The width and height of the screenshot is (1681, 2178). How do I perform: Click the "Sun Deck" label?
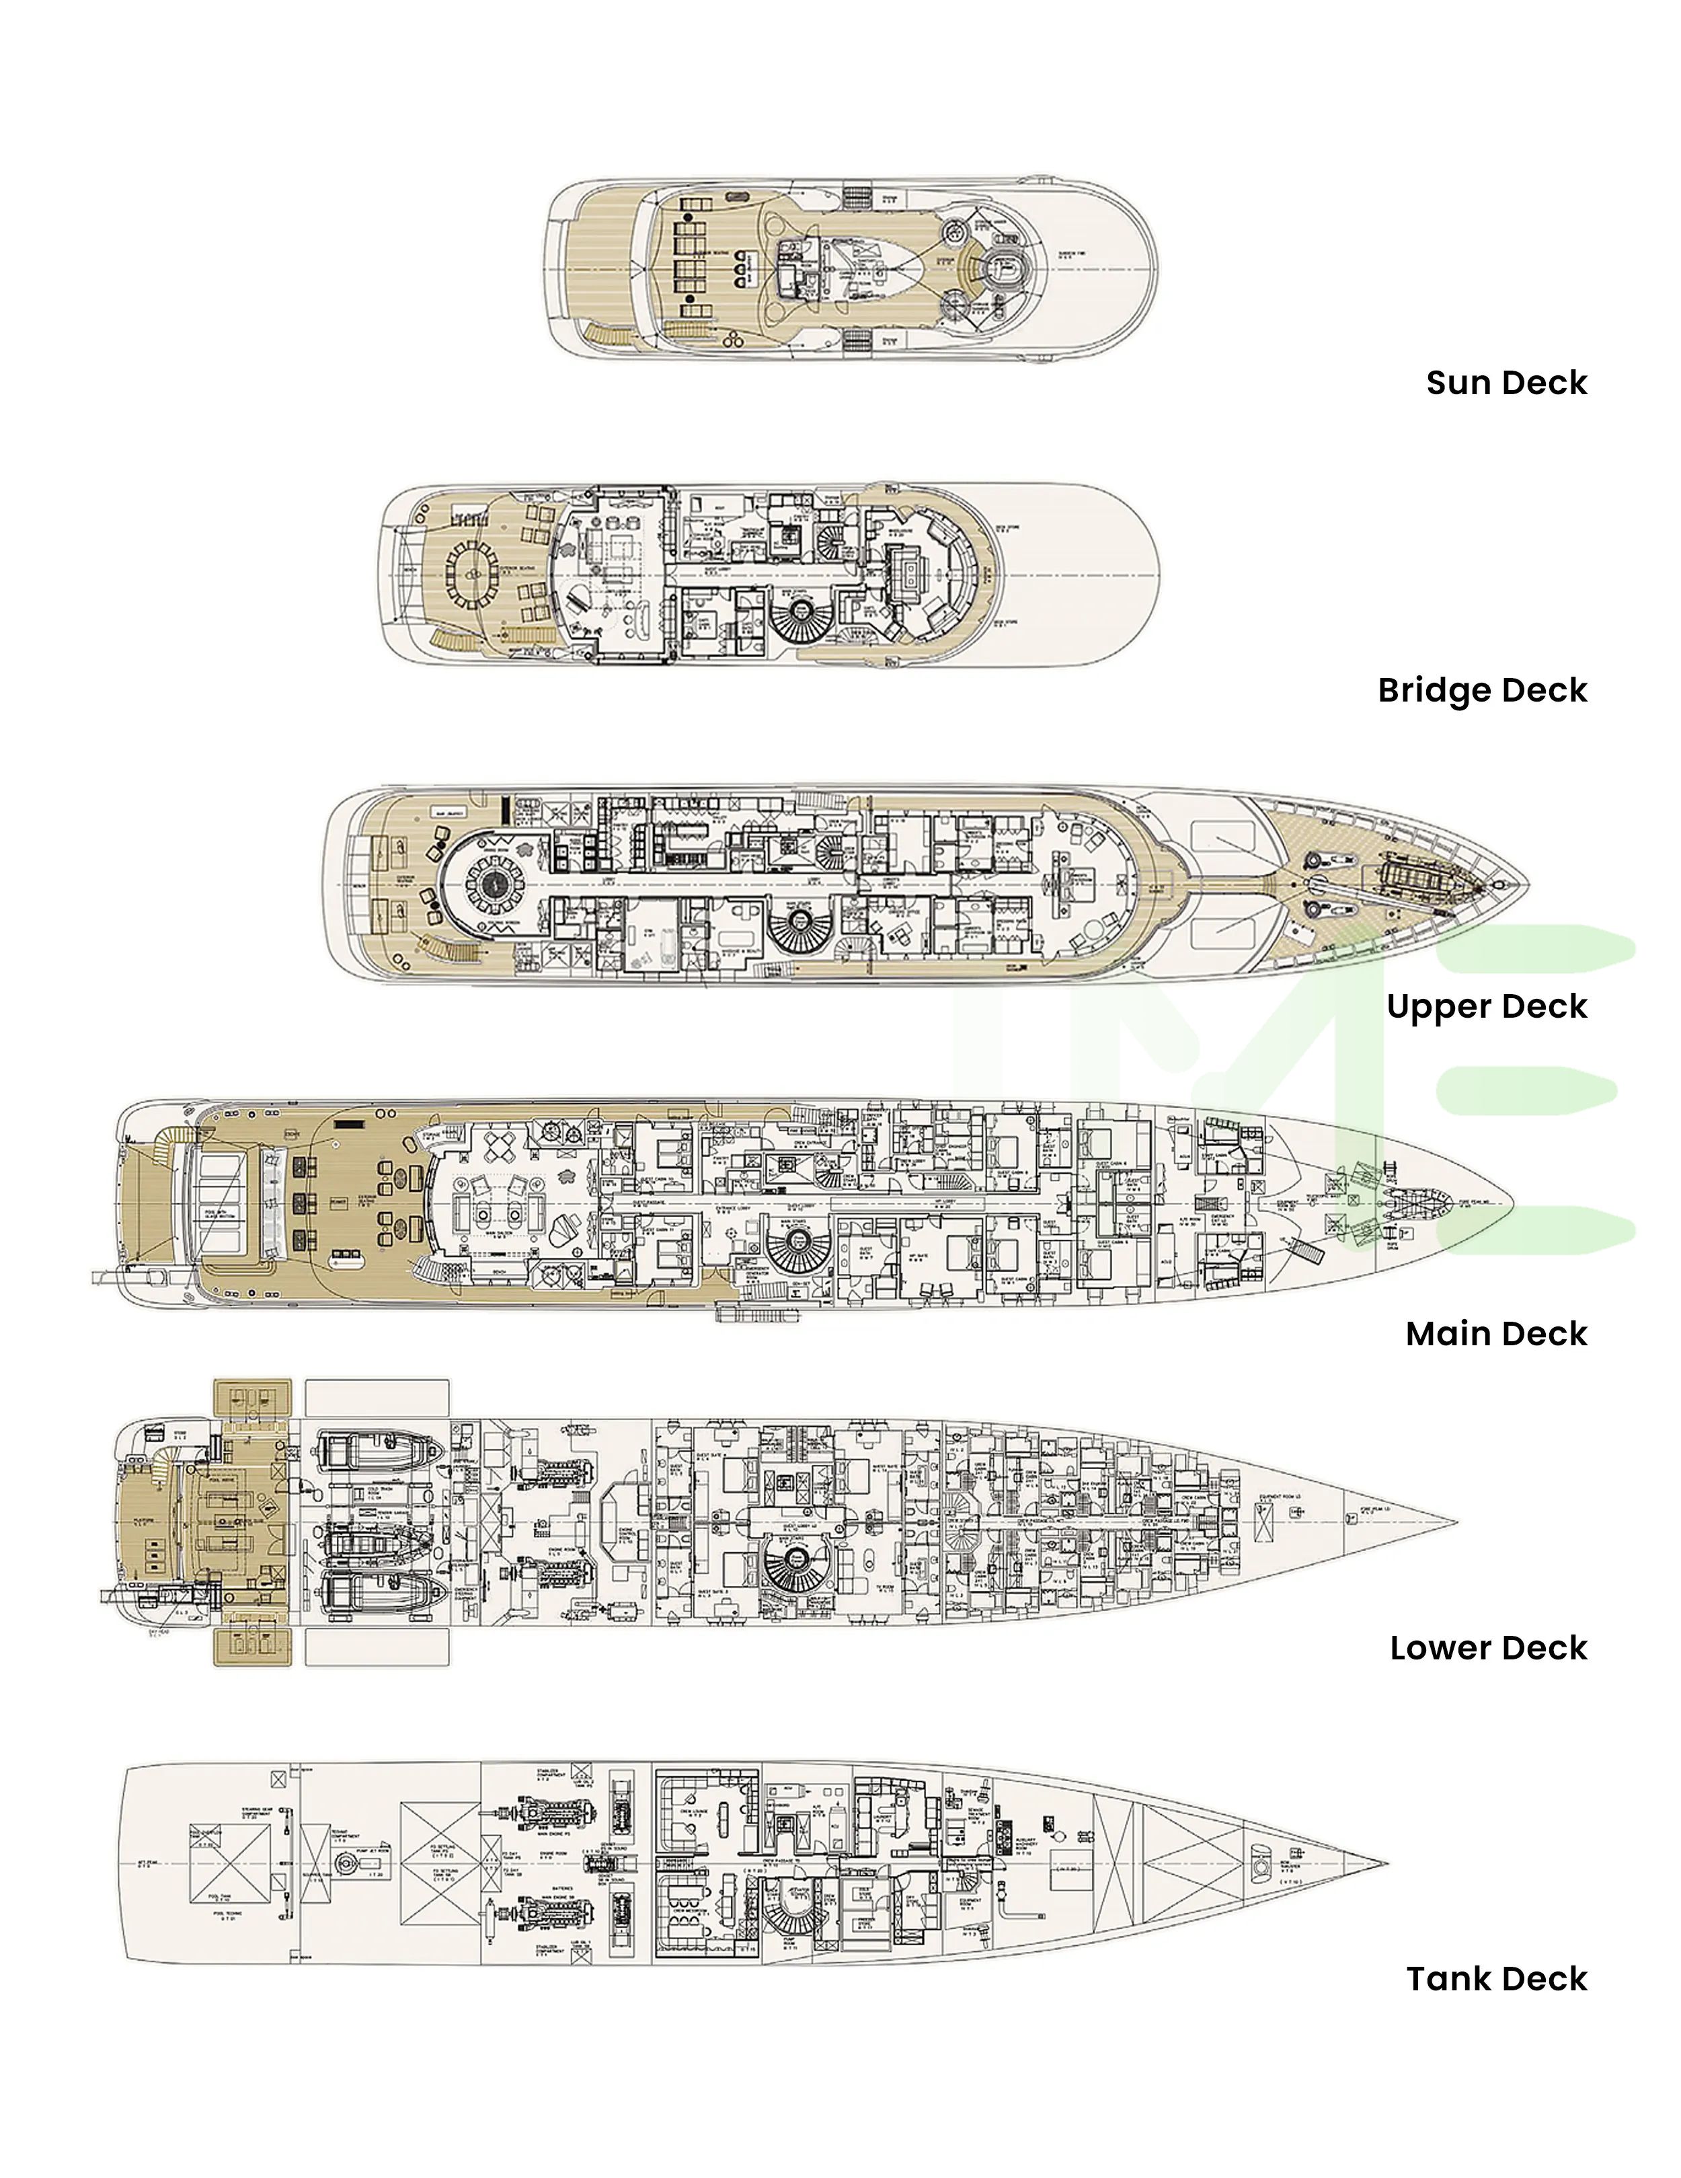point(1506,383)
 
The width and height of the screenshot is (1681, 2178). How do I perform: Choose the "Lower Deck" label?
point(1487,1649)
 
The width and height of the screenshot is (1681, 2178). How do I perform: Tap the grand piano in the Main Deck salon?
point(566,1229)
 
